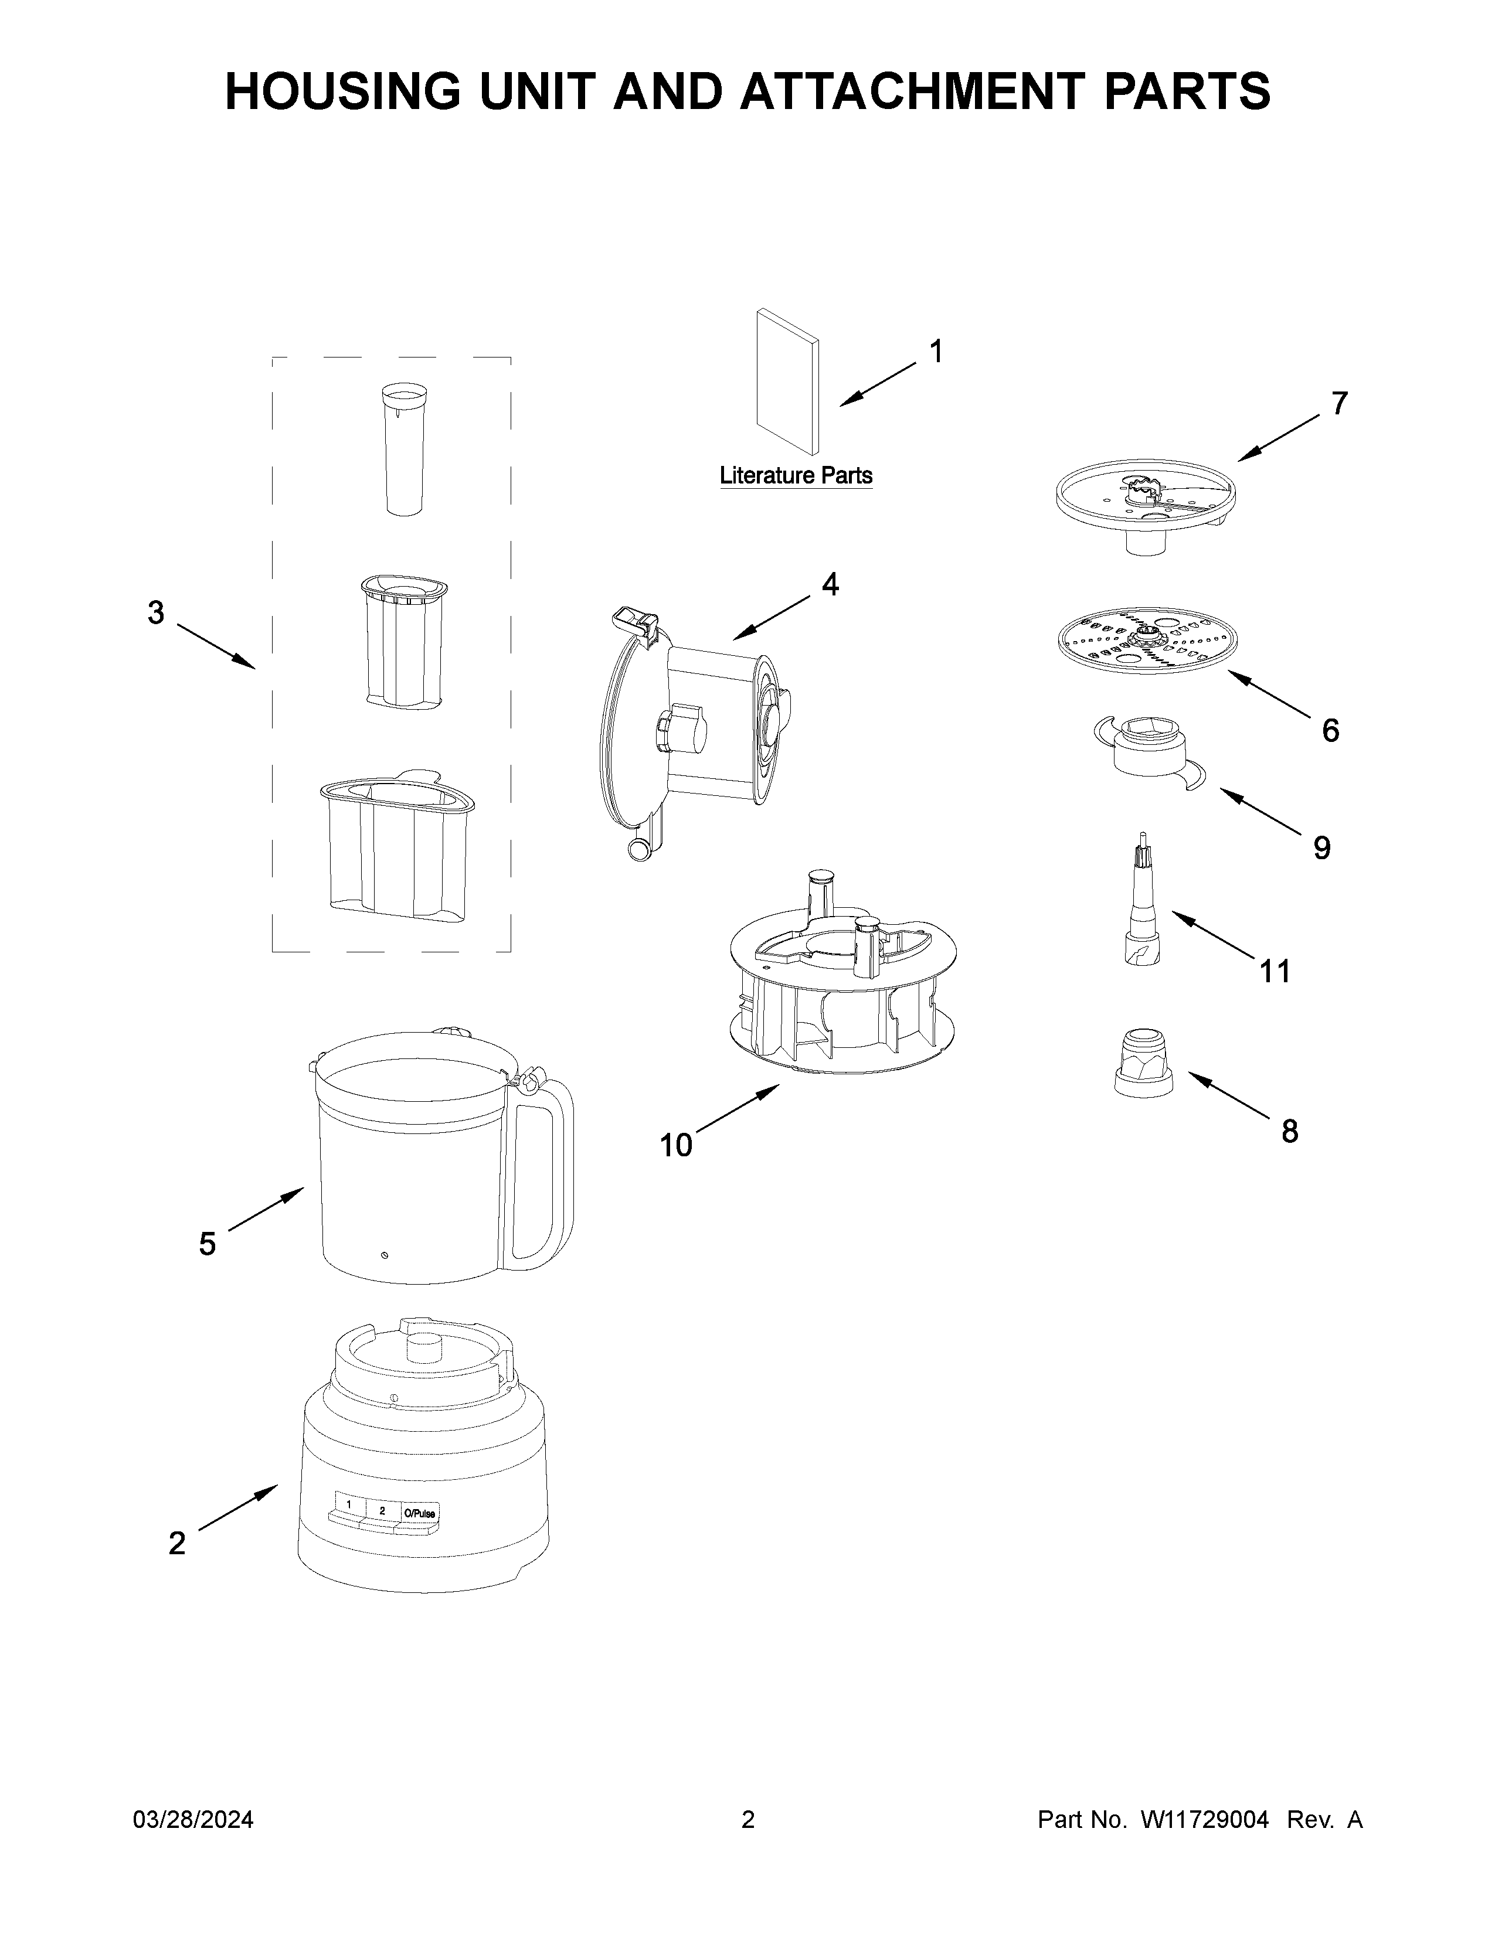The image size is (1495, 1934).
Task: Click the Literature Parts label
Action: point(796,475)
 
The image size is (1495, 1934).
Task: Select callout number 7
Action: point(1339,404)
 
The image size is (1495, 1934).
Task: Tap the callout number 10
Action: point(676,1146)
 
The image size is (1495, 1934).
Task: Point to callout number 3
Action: point(156,612)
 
